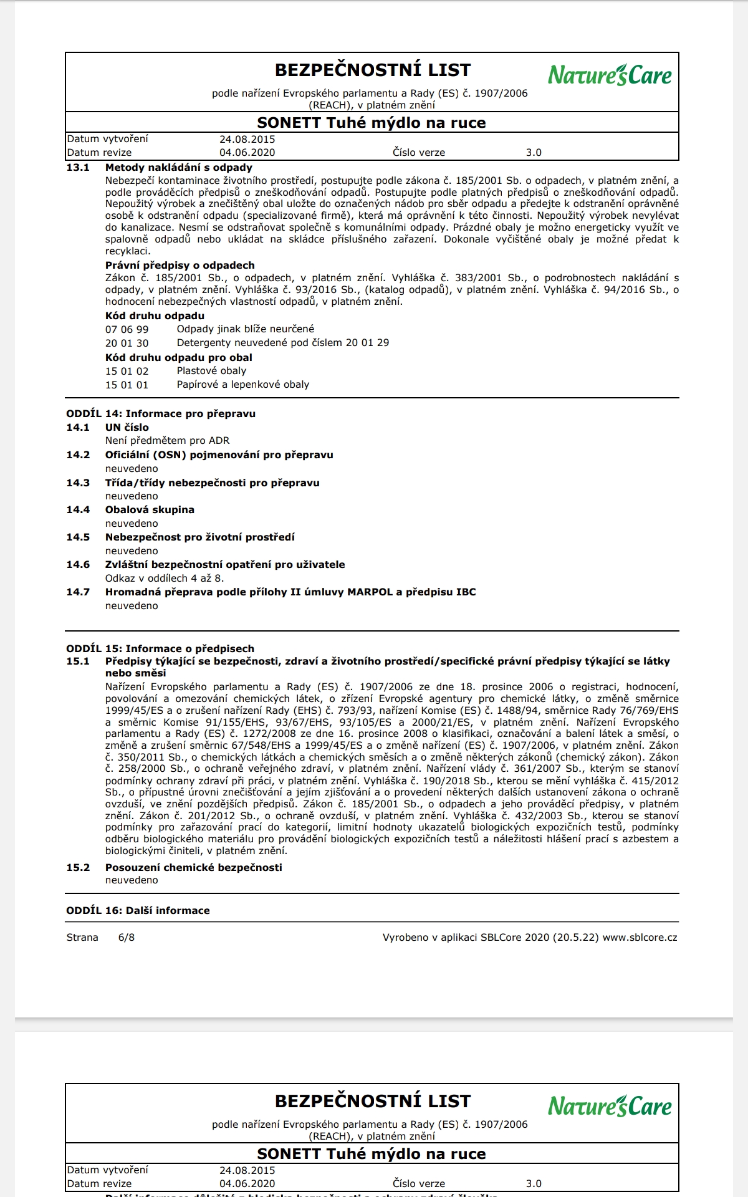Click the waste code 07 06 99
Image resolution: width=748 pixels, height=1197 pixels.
point(127,329)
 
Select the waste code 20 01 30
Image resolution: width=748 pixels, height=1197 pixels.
point(127,343)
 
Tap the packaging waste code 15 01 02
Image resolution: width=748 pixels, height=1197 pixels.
point(127,371)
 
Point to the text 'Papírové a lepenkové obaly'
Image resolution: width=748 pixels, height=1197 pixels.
point(242,385)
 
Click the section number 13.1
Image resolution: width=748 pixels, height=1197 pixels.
point(78,168)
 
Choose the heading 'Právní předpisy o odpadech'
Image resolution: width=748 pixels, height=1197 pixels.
point(180,266)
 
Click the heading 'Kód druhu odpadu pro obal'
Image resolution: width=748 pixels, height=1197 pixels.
point(178,358)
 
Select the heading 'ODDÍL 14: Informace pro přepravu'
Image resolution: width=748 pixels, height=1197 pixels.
point(161,414)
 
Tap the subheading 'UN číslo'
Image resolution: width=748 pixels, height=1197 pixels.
point(127,428)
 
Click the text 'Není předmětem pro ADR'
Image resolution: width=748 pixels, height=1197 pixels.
point(167,441)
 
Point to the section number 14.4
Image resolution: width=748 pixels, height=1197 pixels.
point(78,510)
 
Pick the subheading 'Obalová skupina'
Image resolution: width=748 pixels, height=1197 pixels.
point(150,510)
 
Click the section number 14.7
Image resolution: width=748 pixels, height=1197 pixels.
point(78,592)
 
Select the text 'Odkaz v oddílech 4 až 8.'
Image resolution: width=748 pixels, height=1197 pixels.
point(164,579)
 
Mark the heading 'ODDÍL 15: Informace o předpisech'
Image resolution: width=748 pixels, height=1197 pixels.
point(160,648)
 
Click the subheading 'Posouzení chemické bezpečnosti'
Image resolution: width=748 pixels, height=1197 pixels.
point(193,868)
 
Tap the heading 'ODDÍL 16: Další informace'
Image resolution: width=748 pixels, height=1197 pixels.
point(138,911)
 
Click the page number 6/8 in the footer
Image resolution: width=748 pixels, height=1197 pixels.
point(126,938)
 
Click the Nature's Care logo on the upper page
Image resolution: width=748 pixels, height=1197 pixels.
point(610,75)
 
